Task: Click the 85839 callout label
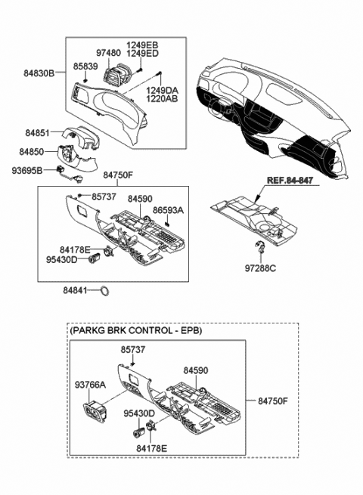coord(85,66)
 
